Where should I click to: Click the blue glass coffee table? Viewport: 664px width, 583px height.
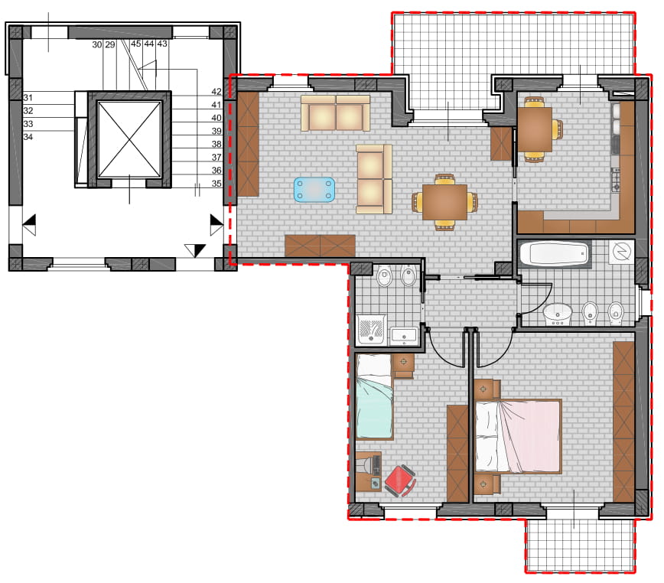[314, 189]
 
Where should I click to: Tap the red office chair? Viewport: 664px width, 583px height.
[400, 480]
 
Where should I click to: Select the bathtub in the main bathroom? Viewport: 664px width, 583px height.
[555, 253]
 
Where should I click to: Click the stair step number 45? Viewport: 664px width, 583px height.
[135, 44]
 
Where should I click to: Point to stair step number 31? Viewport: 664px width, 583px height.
[28, 98]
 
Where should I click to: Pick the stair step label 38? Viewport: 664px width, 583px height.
[216, 144]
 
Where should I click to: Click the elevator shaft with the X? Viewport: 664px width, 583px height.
[129, 139]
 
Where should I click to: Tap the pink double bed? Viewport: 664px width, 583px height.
[519, 436]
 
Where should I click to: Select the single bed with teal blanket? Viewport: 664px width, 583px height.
[374, 397]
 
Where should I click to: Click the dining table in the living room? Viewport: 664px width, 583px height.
[444, 202]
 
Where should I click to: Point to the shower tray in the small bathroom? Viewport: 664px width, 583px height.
[371, 329]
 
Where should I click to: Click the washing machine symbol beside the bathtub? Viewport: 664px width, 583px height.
[621, 252]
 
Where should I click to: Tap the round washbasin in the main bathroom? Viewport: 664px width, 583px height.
[557, 314]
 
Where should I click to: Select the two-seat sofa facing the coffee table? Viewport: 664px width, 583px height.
[374, 179]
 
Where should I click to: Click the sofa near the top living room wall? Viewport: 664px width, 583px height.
[335, 112]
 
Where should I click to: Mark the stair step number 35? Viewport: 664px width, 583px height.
[216, 184]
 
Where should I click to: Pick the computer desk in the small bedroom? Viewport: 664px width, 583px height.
[369, 471]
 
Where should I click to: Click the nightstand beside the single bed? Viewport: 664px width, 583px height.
[404, 366]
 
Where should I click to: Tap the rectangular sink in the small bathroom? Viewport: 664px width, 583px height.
[404, 336]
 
